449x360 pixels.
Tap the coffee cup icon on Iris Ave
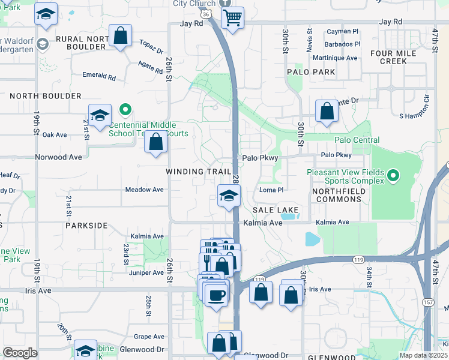click(x=216, y=295)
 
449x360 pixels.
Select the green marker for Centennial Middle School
click(x=125, y=110)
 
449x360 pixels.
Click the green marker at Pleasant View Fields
click(x=393, y=176)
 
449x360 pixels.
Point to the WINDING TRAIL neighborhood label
click(x=199, y=172)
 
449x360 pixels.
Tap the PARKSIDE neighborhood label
click(x=88, y=226)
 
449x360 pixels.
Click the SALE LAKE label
click(x=276, y=211)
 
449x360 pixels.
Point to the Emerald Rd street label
click(x=99, y=77)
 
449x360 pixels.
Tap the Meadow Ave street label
click(x=144, y=190)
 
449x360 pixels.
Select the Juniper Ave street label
click(x=146, y=272)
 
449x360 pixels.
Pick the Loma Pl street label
click(x=271, y=190)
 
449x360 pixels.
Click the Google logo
click(x=20, y=353)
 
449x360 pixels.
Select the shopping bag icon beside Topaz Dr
click(x=121, y=35)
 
